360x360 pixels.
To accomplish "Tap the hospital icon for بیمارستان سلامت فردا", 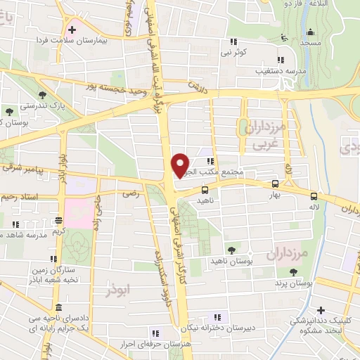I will coord(71,30).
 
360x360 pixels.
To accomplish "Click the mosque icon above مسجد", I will coord(310,31).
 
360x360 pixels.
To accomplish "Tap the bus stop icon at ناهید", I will coord(205,190).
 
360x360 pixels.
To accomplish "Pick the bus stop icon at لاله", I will coord(314,197).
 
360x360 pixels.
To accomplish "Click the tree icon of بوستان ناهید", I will coord(231,250).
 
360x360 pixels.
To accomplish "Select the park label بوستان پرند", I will coord(294,284).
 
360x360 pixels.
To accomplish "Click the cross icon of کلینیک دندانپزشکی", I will coord(321,309).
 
